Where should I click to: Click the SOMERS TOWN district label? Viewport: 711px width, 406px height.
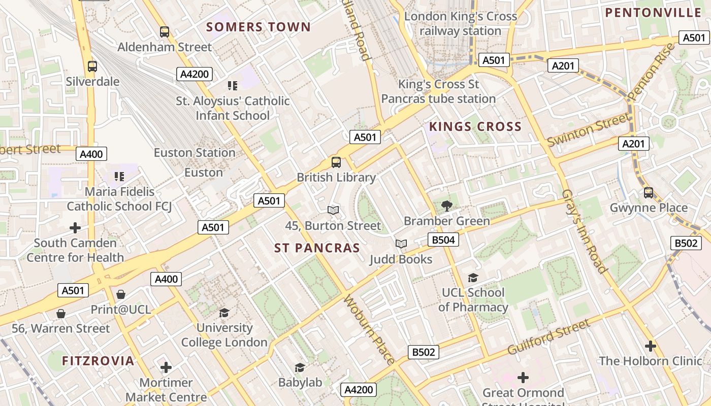coord(258,27)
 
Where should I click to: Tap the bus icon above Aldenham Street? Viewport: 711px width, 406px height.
coord(165,32)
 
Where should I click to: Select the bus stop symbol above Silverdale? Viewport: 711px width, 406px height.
coord(92,66)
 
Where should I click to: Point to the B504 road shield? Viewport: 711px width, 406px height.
coord(443,240)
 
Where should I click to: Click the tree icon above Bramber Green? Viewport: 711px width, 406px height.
coord(447,206)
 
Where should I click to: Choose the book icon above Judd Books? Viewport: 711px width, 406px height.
coord(401,244)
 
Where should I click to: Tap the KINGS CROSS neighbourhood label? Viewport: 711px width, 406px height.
coord(475,126)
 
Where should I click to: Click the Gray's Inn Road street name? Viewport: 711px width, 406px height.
coord(585,231)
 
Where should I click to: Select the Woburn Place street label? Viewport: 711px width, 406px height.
coord(369,330)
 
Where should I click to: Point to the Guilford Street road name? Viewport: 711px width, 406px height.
coord(549,337)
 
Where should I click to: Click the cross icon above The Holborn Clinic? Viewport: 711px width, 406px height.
coord(650,346)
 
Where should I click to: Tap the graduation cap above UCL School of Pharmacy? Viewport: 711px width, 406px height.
coord(473,278)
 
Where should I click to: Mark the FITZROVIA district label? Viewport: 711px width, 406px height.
coord(98,361)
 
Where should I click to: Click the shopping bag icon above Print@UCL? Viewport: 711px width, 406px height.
coord(121,294)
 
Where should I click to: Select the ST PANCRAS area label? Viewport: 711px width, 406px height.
coord(317,248)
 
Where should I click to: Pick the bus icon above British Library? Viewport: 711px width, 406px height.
coord(336,162)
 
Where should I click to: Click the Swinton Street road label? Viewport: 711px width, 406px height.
coord(588,130)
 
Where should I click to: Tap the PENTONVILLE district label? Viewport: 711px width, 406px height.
coord(653,13)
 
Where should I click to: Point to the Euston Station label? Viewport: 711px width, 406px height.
coord(195,152)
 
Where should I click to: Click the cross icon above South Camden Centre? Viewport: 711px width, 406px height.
coord(75,228)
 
